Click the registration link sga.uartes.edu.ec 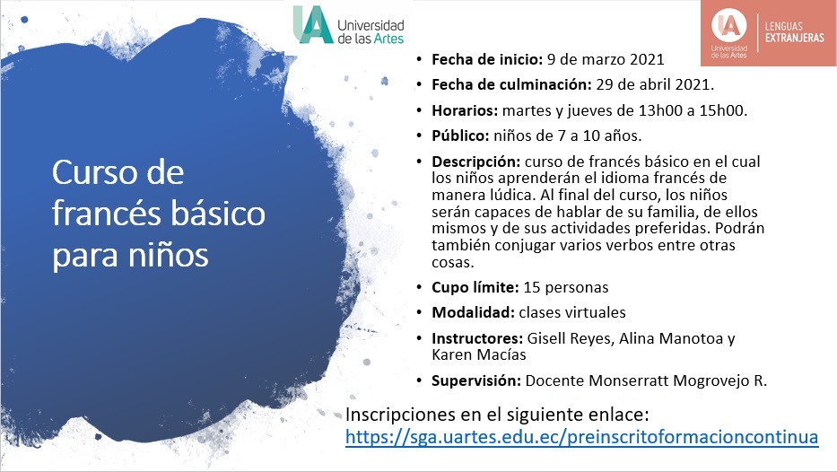[582, 437]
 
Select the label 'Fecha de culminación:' [509, 85]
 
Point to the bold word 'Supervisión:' [476, 380]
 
